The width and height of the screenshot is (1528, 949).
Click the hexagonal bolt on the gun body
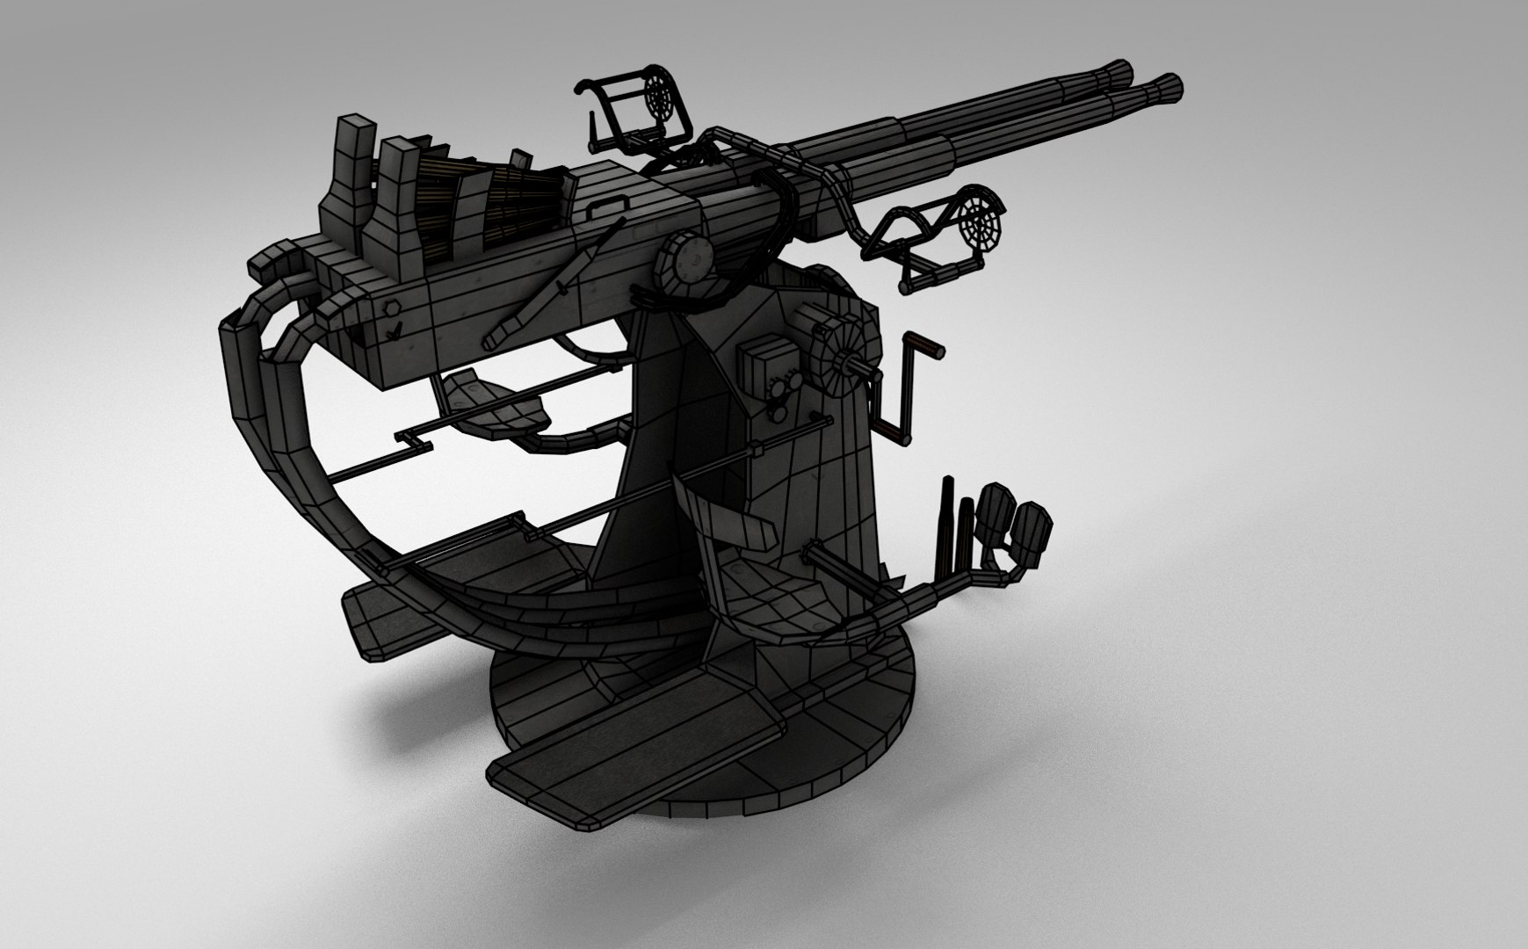point(390,308)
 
